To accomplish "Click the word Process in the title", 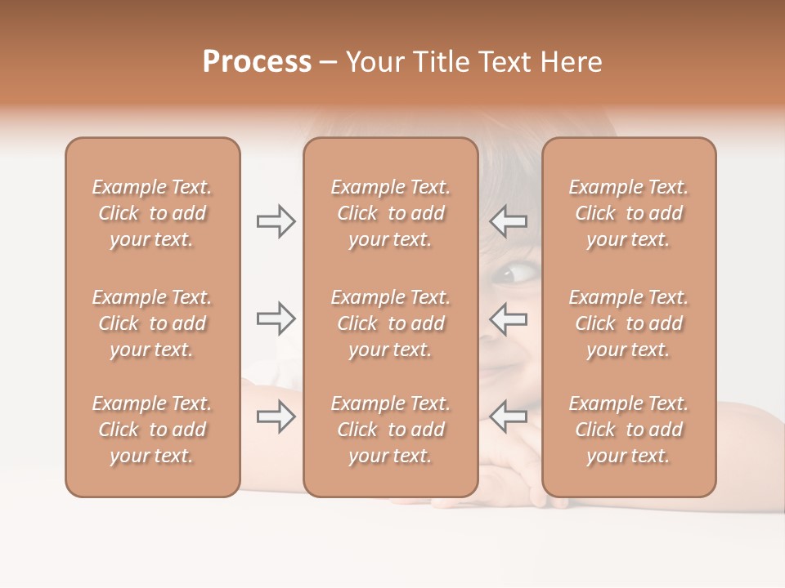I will point(257,62).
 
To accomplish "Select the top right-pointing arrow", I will point(276,221).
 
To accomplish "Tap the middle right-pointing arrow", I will point(276,318).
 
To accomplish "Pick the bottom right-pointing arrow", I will point(276,416).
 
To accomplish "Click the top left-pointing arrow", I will point(509,221).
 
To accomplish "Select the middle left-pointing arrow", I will point(509,318).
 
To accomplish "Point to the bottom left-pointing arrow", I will point(509,416).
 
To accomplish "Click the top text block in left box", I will point(152,213).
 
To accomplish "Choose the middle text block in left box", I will point(152,323).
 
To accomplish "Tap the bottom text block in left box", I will point(152,430).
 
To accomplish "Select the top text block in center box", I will point(390,213).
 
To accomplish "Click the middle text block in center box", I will point(390,323).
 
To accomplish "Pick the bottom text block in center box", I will point(390,430).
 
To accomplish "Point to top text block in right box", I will point(628,213).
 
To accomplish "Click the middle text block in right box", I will point(628,323).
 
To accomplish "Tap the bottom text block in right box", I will point(628,430).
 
